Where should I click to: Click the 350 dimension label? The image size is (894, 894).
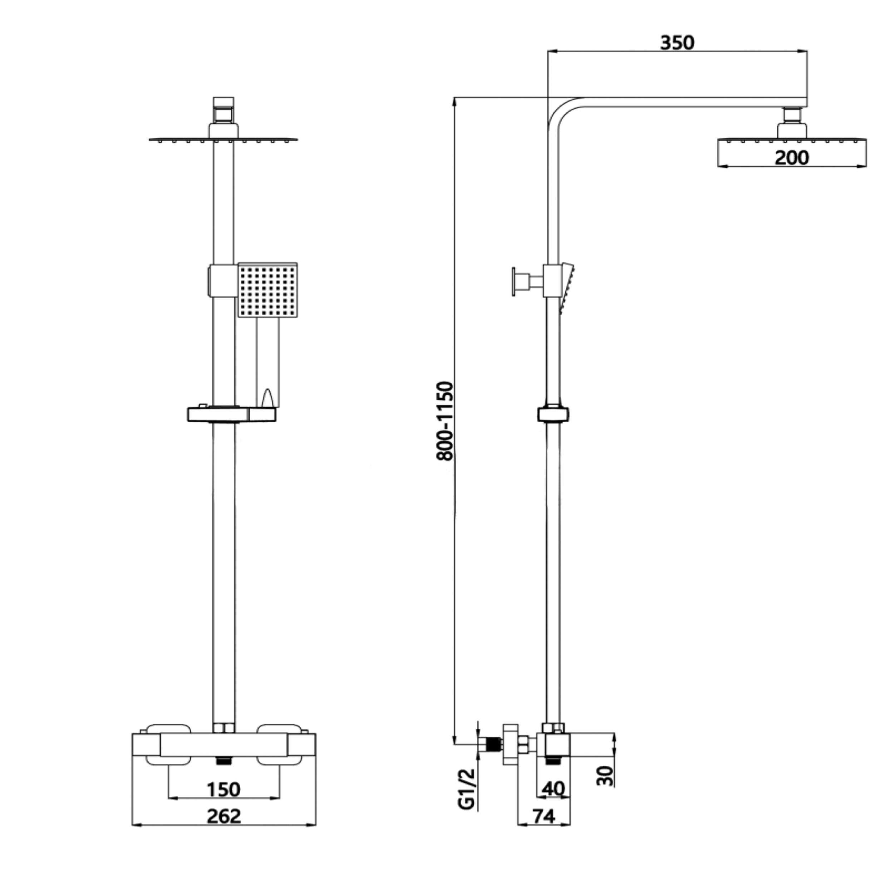tap(677, 43)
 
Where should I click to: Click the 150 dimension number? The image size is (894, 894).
tap(223, 790)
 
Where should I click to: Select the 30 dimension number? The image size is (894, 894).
tap(604, 776)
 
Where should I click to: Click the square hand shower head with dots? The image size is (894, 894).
tap(267, 290)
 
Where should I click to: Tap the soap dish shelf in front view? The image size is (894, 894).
tap(231, 414)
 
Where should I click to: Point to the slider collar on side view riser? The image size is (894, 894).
tap(553, 414)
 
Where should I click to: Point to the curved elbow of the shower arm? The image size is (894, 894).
tap(562, 111)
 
